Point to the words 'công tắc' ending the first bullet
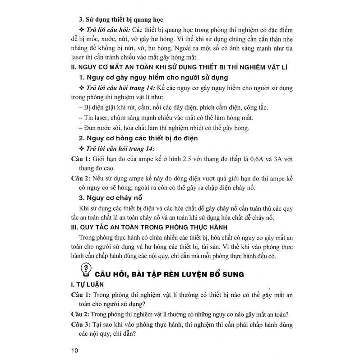pyautogui.click(x=255, y=107)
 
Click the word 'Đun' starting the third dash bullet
pyautogui.click(x=88, y=128)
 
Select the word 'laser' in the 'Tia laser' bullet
pyautogui.click(x=98, y=118)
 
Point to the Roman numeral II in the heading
pyautogui.click(x=74, y=67)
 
